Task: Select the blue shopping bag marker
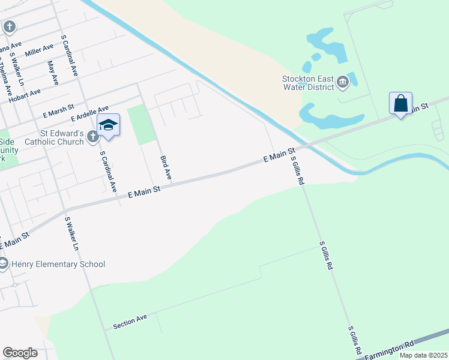pyautogui.click(x=400, y=103)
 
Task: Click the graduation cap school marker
pyautogui.click(x=108, y=125)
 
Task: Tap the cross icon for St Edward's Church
pyautogui.click(x=92, y=137)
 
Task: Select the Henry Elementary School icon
pyautogui.click(x=3, y=263)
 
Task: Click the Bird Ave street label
pyautogui.click(x=166, y=169)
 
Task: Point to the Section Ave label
pyautogui.click(x=130, y=322)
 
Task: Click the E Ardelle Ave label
pyautogui.click(x=90, y=113)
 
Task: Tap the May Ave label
pyautogui.click(x=52, y=71)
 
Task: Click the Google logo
pyautogui.click(x=20, y=353)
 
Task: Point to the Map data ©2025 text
pyautogui.click(x=423, y=355)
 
